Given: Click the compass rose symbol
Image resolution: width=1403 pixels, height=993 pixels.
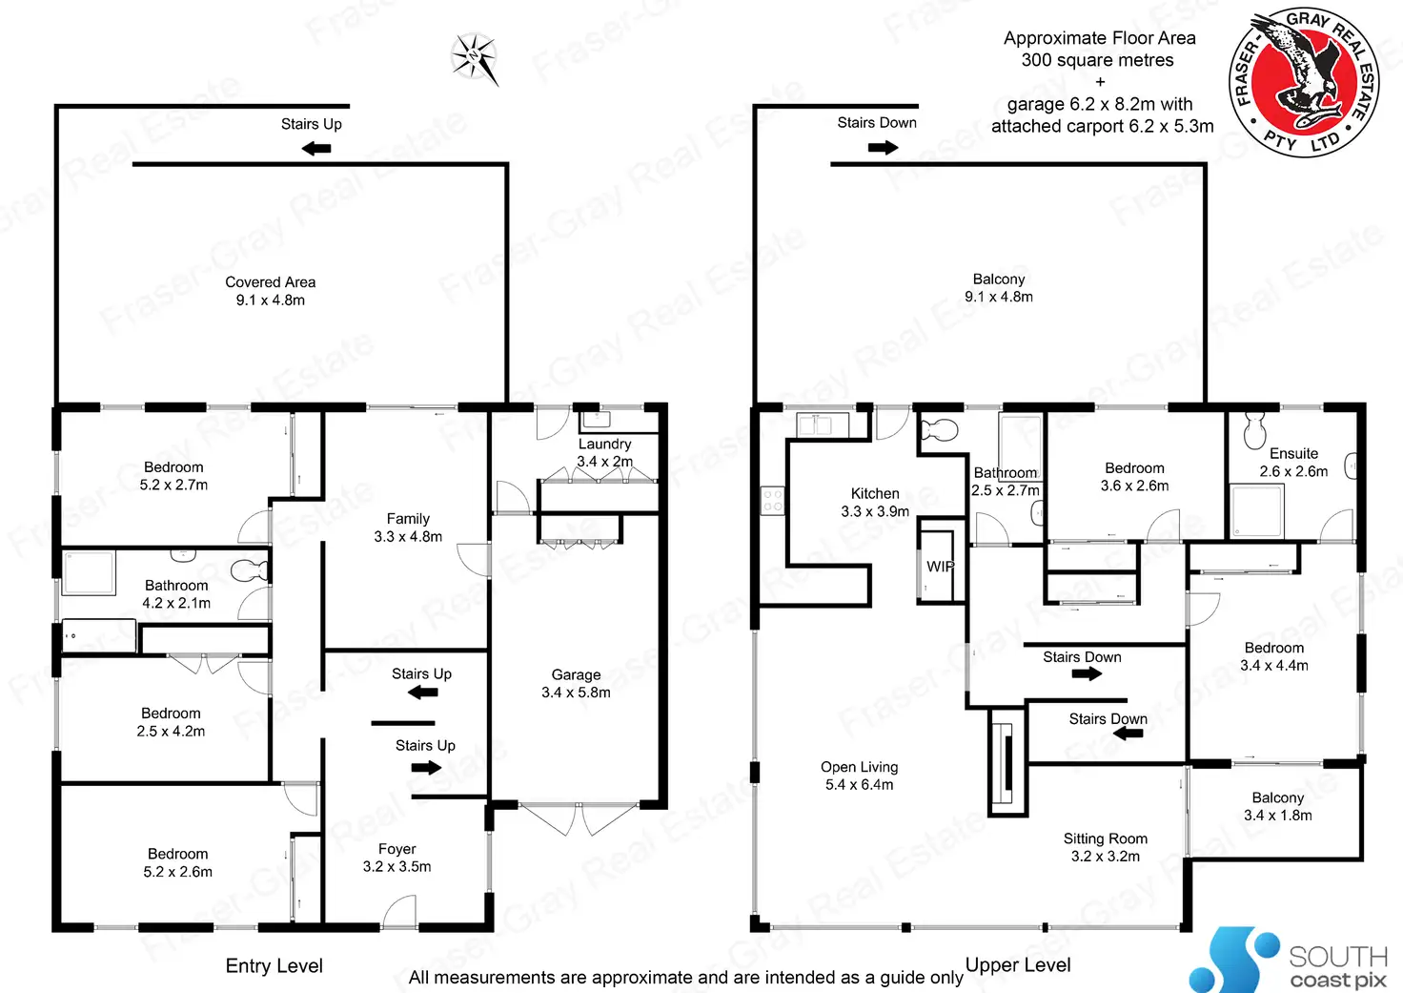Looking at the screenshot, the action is [475, 58].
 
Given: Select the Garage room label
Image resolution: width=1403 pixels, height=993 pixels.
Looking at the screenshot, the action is [576, 683].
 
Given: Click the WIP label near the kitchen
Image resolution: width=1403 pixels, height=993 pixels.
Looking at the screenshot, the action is [940, 567].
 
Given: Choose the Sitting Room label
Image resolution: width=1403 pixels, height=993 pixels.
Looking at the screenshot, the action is [1106, 847].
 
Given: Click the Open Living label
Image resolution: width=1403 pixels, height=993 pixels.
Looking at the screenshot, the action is [859, 776].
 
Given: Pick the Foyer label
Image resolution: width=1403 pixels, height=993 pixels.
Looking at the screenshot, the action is [396, 858].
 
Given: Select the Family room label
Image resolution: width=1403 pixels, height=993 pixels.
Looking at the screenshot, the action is [408, 528].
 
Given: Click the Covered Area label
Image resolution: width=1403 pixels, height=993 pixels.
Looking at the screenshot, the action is [271, 291].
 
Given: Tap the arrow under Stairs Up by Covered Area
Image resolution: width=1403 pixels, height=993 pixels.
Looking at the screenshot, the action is [315, 148].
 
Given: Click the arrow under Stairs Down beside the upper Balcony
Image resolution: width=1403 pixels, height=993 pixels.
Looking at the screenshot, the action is [883, 148].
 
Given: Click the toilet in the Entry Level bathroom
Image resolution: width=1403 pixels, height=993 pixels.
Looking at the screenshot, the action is [250, 569].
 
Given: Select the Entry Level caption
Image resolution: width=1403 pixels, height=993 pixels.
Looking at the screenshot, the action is [274, 965].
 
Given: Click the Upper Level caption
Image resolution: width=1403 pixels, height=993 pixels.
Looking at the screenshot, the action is [1018, 964].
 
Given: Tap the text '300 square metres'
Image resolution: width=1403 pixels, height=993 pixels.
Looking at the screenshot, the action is [1098, 60].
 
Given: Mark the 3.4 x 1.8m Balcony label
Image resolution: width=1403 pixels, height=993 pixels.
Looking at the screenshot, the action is [1277, 806].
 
